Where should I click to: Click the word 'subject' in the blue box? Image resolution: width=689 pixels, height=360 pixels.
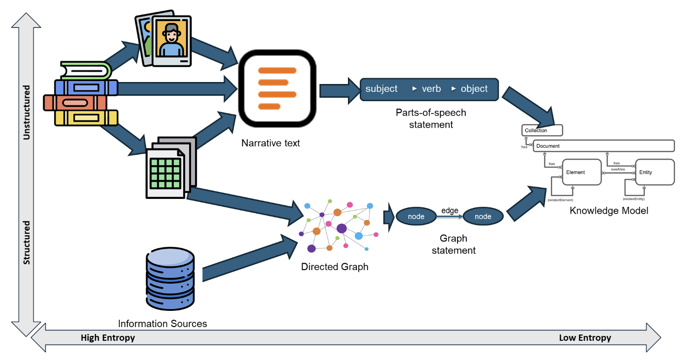click(381, 89)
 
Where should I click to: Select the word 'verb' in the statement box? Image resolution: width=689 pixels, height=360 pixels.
click(431, 89)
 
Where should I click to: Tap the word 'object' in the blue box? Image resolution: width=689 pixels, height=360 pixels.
click(474, 89)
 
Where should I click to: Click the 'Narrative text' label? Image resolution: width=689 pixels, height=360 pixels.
click(270, 143)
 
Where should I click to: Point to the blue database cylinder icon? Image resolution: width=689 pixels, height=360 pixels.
click(170, 278)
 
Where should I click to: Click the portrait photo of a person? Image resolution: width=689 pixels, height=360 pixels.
click(171, 39)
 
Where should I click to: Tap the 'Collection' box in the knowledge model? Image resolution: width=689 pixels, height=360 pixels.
click(542, 130)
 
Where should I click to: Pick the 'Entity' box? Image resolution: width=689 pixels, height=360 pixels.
click(654, 172)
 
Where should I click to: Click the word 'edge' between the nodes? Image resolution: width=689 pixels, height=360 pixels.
click(449, 210)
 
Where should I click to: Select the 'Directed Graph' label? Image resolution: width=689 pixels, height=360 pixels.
click(334, 267)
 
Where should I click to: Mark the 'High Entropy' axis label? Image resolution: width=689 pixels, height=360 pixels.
click(108, 338)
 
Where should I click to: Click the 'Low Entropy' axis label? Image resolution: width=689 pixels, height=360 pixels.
click(585, 338)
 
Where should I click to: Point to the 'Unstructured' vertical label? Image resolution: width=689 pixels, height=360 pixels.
click(27, 112)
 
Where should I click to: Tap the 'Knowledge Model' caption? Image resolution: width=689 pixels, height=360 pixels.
click(609, 211)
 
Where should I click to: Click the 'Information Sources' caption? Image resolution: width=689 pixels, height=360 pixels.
click(162, 324)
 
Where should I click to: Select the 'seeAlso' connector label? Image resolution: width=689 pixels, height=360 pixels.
click(618, 169)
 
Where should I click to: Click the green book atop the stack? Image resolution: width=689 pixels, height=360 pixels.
click(86, 71)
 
